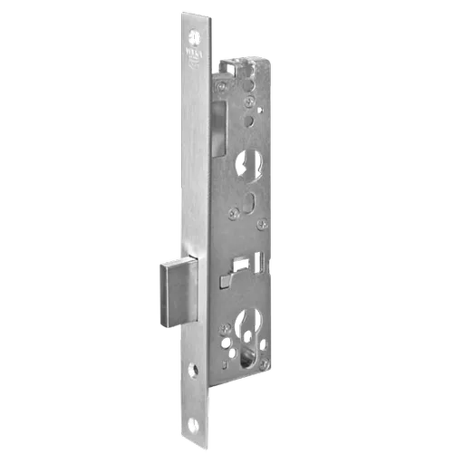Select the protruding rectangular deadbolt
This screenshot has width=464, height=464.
[x=180, y=291]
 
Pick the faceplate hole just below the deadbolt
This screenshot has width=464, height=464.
[x=193, y=371]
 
